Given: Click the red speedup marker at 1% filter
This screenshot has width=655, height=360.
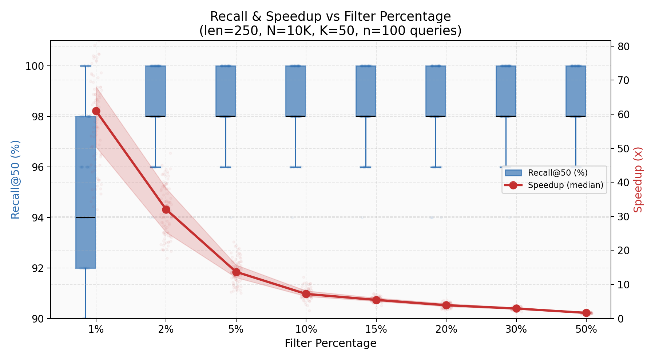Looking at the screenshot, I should pos(96,111).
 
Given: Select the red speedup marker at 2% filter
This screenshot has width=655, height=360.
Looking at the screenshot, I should pos(166,210).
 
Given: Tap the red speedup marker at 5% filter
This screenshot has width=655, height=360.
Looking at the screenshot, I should pos(236,272).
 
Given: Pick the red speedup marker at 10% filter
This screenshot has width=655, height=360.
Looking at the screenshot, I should pos(306,294).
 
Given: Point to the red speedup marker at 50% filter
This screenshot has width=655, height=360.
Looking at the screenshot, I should pos(586,313).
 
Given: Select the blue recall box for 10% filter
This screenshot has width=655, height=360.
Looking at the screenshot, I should pos(295,91).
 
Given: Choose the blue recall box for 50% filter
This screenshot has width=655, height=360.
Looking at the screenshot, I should pos(576,91).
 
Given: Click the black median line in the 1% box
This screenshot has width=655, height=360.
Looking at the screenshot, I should pos(86,217).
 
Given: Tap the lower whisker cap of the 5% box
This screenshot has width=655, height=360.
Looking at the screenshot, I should pos(226,167).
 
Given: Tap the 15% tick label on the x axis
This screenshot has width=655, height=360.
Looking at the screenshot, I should pos(376,330).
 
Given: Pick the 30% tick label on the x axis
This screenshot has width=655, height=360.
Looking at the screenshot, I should pos(516,330).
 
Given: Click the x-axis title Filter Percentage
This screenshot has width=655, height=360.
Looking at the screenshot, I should pos(330,343).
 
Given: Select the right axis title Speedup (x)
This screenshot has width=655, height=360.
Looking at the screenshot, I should pos(638,180).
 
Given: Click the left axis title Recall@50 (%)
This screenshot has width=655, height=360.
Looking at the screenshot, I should pos(15,180).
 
